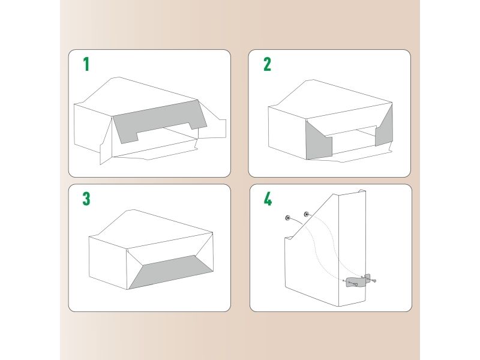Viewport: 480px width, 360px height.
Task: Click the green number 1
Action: pyautogui.click(x=86, y=64)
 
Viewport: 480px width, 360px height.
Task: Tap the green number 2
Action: pyautogui.click(x=267, y=64)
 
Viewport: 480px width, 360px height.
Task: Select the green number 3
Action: pyautogui.click(x=86, y=199)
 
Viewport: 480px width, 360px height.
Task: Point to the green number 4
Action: pyautogui.click(x=268, y=199)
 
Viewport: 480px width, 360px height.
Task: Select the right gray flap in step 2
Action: pyautogui.click(x=385, y=128)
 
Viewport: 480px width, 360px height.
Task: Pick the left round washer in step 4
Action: pyautogui.click(x=288, y=218)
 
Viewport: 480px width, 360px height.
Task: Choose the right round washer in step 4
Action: pyautogui.click(x=307, y=214)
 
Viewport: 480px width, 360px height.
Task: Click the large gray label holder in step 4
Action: pyautogui.click(x=355, y=282)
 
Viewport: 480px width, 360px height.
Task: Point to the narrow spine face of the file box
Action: pyautogui.click(x=352, y=248)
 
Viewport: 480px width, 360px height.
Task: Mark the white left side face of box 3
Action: pyautogui.click(x=108, y=262)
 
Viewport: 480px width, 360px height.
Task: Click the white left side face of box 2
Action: pyautogui.click(x=287, y=132)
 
